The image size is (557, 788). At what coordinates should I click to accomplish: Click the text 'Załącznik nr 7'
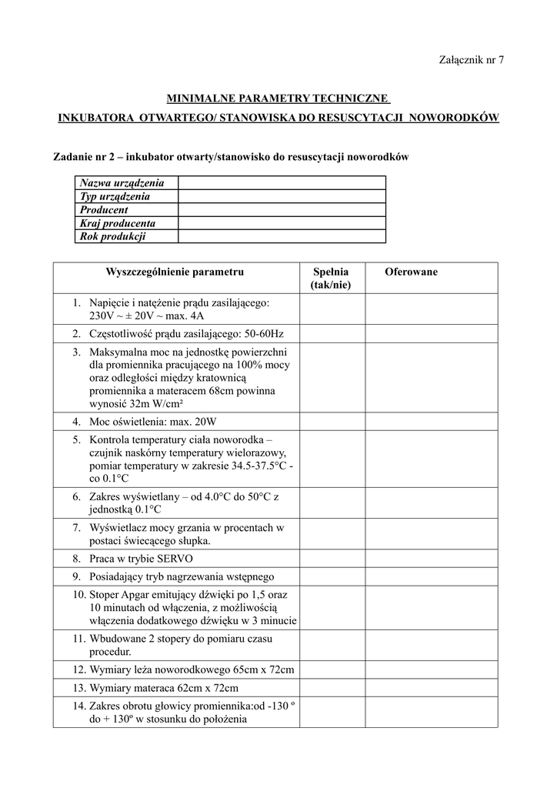click(x=471, y=60)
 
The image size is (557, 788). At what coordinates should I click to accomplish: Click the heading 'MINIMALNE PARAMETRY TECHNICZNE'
click(x=278, y=99)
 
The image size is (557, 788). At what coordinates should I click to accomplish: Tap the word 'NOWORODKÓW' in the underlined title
click(x=454, y=118)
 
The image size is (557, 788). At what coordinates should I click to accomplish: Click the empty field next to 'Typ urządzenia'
click(x=281, y=197)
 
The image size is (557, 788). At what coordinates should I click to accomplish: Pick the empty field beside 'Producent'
click(x=281, y=210)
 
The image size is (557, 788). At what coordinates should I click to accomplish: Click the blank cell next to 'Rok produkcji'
click(x=281, y=236)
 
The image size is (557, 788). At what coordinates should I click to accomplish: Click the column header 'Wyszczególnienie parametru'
click(x=175, y=272)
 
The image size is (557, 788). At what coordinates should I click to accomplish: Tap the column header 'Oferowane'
click(x=412, y=272)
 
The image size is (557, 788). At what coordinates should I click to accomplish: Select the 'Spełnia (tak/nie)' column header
click(x=331, y=279)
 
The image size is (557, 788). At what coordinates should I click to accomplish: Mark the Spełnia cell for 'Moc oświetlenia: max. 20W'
click(x=331, y=422)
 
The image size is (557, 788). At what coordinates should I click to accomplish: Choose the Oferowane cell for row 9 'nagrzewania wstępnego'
click(x=430, y=576)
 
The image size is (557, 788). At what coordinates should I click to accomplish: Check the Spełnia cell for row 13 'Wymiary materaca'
click(x=331, y=688)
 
